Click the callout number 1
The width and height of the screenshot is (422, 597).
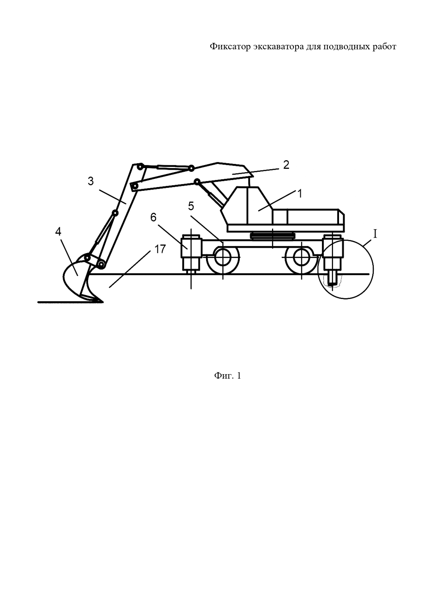tap(300, 194)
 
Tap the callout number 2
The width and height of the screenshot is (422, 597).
tap(286, 165)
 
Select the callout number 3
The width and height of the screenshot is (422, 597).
tap(90, 181)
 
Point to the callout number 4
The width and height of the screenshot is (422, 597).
tap(58, 232)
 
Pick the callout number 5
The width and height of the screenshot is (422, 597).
tap(191, 206)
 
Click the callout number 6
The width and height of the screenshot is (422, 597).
tap(153, 217)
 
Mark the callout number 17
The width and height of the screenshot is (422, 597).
tap(160, 249)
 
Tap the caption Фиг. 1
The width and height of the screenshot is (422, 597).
tap(227, 376)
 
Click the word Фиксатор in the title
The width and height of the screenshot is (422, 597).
tap(230, 47)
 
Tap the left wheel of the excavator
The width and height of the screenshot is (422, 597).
tap(223, 258)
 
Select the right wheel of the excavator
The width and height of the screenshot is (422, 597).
tap(302, 258)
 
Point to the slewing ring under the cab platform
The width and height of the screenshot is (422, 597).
tap(273, 235)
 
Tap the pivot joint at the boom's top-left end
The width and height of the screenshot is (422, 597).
tap(139, 167)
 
